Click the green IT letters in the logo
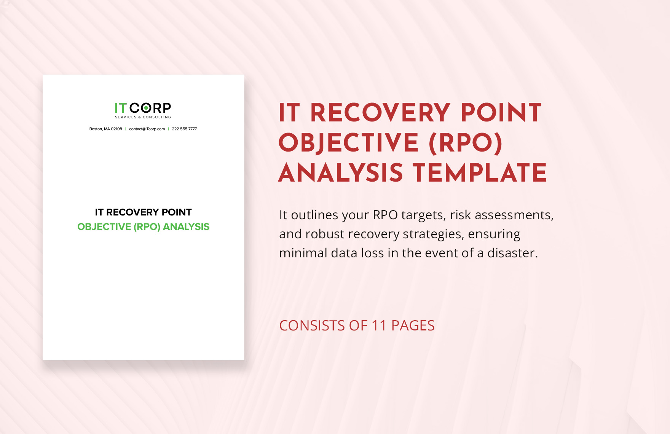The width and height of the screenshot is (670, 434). [120, 108]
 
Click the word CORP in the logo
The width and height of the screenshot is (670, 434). [150, 108]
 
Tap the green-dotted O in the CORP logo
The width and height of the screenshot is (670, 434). [145, 108]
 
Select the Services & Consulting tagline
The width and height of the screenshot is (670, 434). [143, 117]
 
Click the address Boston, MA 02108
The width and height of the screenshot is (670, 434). [105, 129]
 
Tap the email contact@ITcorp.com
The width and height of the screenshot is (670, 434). [147, 129]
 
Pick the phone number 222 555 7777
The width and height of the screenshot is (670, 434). [184, 129]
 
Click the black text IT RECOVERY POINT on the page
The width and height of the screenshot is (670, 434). [143, 212]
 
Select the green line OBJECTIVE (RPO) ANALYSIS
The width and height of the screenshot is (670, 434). [143, 227]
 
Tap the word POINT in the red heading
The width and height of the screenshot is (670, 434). [501, 113]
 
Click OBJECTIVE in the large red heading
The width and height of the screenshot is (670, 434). [349, 143]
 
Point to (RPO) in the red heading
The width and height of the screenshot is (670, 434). [466, 143]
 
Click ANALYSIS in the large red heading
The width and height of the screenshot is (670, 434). [341, 173]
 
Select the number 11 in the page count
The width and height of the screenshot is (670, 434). [379, 326]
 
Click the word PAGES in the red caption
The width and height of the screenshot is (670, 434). [413, 326]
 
